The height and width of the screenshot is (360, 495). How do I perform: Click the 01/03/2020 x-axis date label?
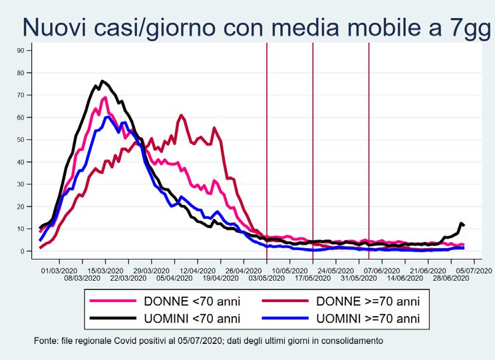point(55,271)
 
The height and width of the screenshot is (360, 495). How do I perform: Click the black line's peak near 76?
point(102,81)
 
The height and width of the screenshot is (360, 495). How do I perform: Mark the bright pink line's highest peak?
point(105,97)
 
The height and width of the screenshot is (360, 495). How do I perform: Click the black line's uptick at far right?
point(461,223)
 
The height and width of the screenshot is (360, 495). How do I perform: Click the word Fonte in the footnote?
point(45,341)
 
